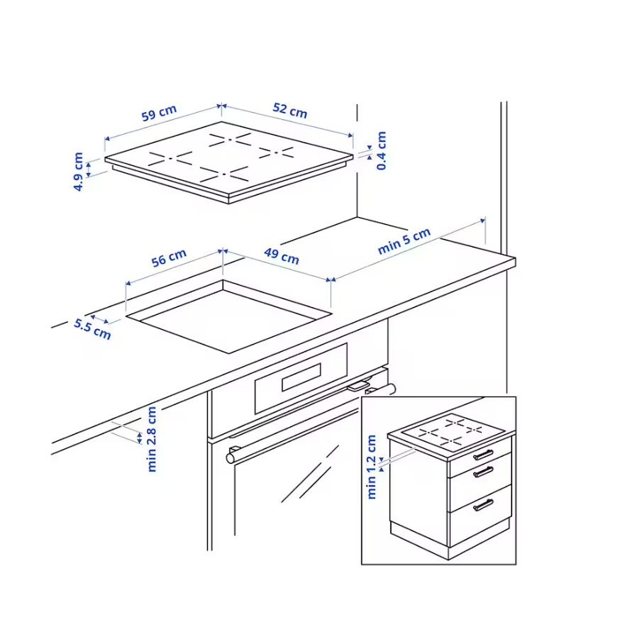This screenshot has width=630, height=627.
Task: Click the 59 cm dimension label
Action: pyautogui.click(x=159, y=113)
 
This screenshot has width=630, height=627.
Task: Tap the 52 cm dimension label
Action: pyautogui.click(x=290, y=111)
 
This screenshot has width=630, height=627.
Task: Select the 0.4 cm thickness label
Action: pyautogui.click(x=381, y=150)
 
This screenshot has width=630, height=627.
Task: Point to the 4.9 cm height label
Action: pyautogui.click(x=78, y=172)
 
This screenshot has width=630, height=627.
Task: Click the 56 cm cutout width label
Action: pyautogui.click(x=169, y=258)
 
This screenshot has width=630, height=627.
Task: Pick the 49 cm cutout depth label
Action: pyautogui.click(x=282, y=256)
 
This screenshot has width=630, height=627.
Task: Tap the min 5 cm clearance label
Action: pyautogui.click(x=404, y=241)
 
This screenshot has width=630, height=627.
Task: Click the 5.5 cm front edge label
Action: pyautogui.click(x=92, y=329)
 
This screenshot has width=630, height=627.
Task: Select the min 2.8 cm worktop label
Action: pyautogui.click(x=152, y=439)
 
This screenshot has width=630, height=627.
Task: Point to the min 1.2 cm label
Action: pyautogui.click(x=371, y=467)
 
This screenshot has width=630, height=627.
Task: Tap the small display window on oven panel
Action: pyautogui.click(x=302, y=377)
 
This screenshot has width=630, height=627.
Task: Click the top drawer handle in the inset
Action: pyautogui.click(x=483, y=455)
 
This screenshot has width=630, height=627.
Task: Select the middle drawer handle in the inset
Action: pyautogui.click(x=483, y=472)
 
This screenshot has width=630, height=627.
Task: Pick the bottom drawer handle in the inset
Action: pyautogui.click(x=483, y=505)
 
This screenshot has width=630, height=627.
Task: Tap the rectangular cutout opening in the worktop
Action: pyautogui.click(x=228, y=316)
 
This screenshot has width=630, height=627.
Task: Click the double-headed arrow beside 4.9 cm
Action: pyautogui.click(x=89, y=168)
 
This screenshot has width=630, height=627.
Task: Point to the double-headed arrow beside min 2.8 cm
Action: pyautogui.click(x=140, y=438)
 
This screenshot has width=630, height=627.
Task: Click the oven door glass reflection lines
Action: pyautogui.click(x=309, y=474)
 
